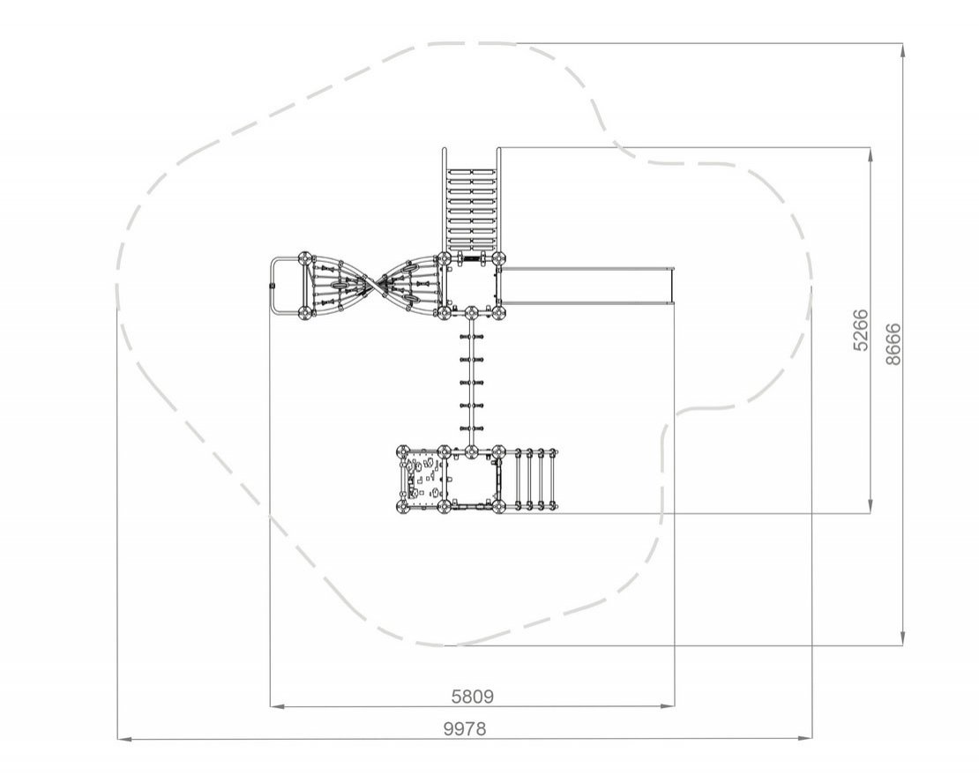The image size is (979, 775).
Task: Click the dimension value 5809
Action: [x=473, y=696]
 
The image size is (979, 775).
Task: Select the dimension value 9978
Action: [x=465, y=728]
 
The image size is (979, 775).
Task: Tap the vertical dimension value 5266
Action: [x=860, y=330]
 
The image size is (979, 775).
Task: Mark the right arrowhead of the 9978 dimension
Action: [x=805, y=739]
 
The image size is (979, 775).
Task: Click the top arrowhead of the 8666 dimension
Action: [x=902, y=50]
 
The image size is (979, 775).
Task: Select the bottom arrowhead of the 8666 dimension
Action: [x=902, y=638]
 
